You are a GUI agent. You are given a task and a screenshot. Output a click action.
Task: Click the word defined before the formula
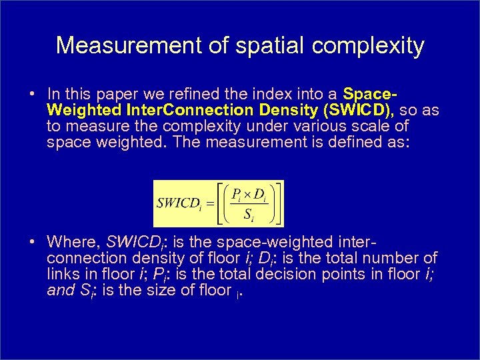(351, 142)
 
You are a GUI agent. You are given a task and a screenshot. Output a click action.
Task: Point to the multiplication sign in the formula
(249, 194)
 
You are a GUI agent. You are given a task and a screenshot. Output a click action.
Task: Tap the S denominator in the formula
(247, 215)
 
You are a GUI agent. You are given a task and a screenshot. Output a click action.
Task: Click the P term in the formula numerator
(235, 194)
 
